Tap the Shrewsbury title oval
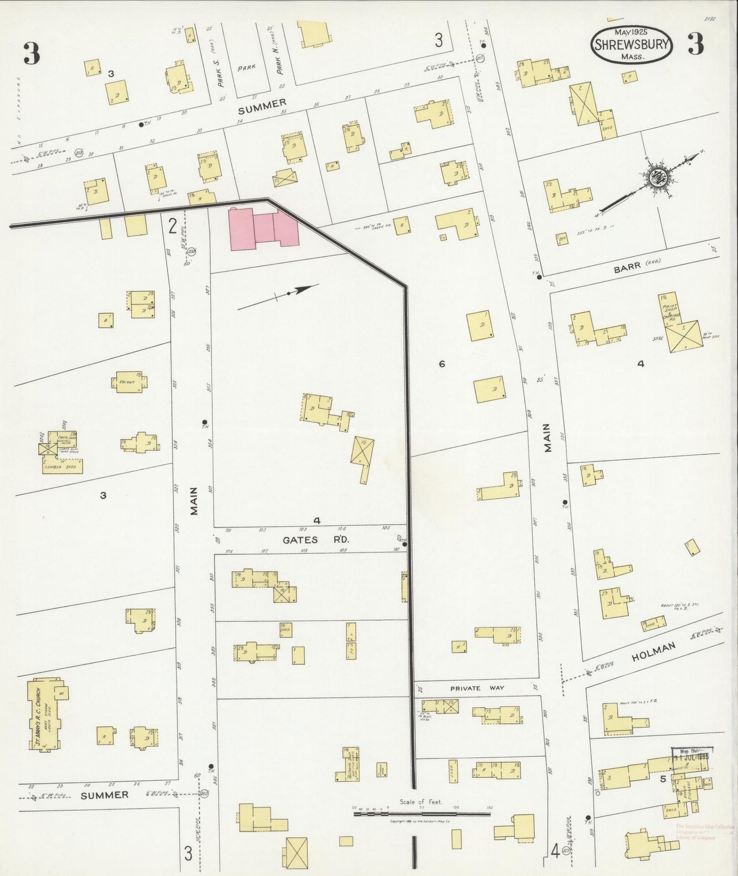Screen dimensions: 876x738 coord(632,45)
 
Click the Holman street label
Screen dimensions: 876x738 coord(653,653)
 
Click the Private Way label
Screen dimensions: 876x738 coord(477,688)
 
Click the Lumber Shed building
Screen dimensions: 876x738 coord(61,467)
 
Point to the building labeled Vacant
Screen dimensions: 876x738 coord(128,383)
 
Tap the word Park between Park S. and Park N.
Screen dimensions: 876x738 coord(250,67)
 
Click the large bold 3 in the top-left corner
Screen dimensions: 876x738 coord(32,53)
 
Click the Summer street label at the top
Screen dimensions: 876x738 coord(262,105)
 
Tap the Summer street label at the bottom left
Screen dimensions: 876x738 coord(105,795)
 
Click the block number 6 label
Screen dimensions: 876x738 coord(442,364)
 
